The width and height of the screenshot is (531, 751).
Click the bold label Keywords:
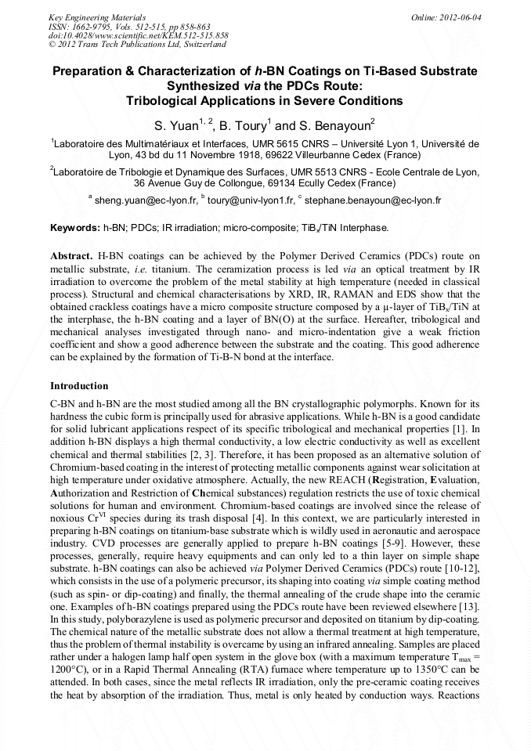click(74, 227)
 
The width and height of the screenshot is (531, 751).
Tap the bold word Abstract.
click(71, 256)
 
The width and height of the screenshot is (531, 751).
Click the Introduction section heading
click(79, 386)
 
